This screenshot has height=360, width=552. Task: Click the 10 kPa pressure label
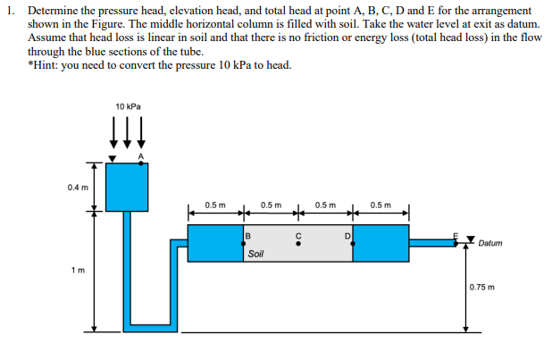(x=128, y=106)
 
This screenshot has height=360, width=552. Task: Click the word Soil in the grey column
(x=255, y=255)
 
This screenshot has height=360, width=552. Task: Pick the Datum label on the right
(x=492, y=243)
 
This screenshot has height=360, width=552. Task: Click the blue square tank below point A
(x=128, y=186)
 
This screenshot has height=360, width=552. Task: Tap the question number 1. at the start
(x=11, y=8)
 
